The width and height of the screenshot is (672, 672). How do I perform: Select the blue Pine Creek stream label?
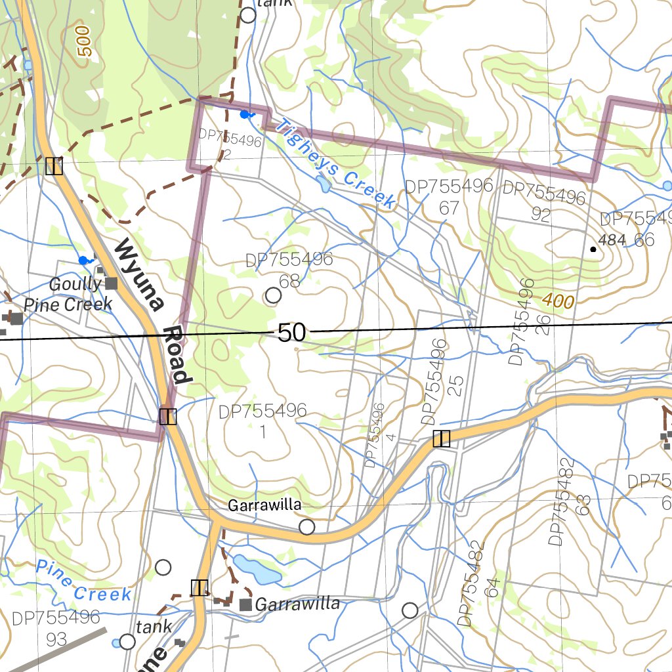click(x=83, y=580)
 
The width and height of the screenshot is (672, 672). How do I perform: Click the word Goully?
click(x=75, y=284)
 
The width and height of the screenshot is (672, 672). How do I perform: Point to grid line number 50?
click(x=291, y=333)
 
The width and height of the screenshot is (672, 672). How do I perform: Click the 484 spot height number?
click(x=612, y=240)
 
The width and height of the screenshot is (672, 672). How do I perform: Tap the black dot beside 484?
click(x=593, y=249)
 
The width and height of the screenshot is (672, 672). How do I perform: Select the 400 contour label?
click(x=558, y=302)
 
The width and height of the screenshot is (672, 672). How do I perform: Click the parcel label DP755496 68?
click(x=289, y=270)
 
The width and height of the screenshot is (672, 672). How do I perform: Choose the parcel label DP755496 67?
click(x=449, y=197)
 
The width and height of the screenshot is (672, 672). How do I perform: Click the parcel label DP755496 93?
click(x=56, y=627)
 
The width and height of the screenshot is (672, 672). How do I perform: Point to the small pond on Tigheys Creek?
click(x=324, y=185)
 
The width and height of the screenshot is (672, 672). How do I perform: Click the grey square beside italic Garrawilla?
click(x=246, y=604)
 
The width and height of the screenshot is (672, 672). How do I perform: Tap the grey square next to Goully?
click(x=112, y=283)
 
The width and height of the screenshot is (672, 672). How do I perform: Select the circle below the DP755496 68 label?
click(x=274, y=296)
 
